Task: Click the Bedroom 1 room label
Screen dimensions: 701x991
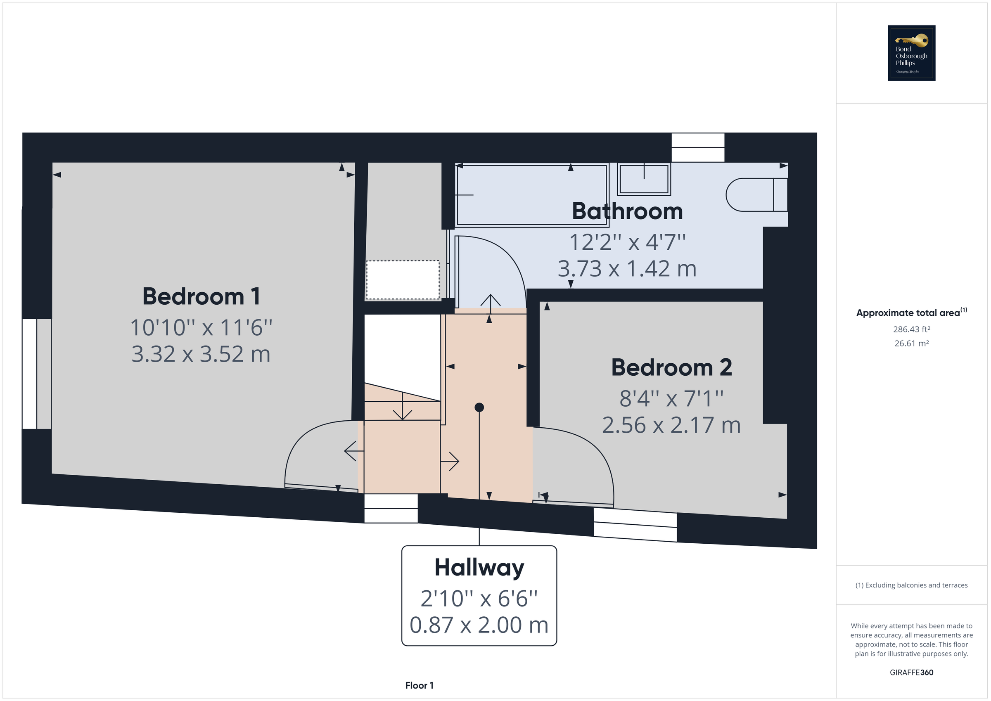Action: [201, 296]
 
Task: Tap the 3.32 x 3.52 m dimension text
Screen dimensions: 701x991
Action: [201, 354]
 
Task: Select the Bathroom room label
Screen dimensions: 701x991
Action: [627, 211]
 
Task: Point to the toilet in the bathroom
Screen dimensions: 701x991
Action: [756, 195]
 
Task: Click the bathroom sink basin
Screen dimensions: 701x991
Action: [644, 179]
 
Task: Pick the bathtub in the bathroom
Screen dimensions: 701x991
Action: [532, 195]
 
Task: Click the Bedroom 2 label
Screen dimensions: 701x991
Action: [671, 367]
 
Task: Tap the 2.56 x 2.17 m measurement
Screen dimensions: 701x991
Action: [671, 425]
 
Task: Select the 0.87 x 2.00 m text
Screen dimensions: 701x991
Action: [479, 625]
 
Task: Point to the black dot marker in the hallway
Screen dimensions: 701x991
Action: [479, 407]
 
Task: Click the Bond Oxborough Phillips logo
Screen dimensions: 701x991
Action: [911, 53]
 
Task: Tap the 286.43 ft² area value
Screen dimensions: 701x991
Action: [911, 329]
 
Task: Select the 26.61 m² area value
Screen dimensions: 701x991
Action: [911, 343]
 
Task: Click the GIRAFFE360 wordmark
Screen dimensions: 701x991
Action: [911, 672]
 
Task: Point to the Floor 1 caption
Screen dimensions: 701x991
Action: [419, 685]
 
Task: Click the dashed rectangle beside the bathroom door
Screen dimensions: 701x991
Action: [403, 280]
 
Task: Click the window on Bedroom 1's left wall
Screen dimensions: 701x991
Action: [37, 374]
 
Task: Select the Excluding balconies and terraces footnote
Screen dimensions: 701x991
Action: [911, 585]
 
